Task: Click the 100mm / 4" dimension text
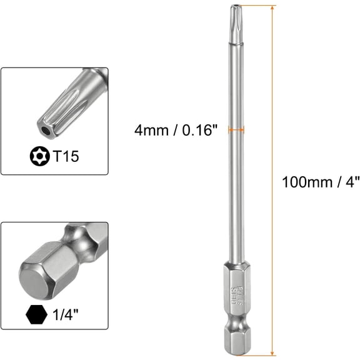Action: pos(321,182)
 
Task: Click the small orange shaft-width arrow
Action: pos(236,130)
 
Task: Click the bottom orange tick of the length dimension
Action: pos(262,354)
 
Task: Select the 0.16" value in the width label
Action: pos(199,131)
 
